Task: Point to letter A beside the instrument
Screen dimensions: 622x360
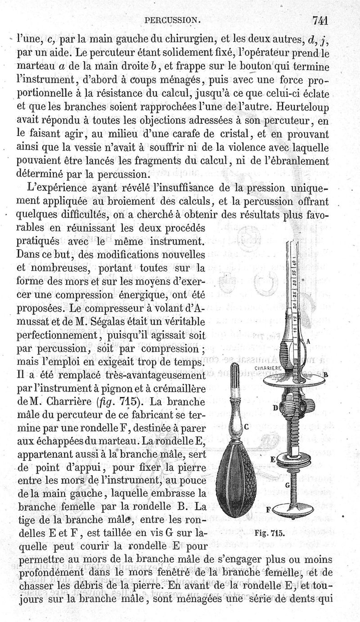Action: tap(309, 342)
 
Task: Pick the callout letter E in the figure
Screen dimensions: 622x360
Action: tap(272, 460)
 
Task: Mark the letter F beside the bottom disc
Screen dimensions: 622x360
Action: tap(269, 510)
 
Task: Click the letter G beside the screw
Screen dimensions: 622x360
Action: tap(287, 485)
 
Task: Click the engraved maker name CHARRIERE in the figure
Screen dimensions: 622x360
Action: tap(268, 367)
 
